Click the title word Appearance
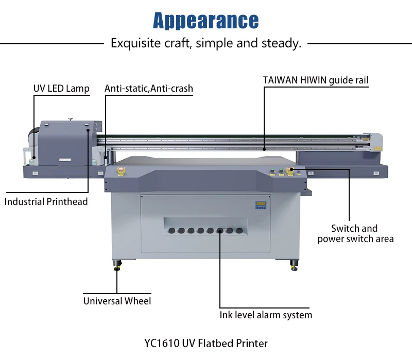tap(206, 21)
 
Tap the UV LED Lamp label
tap(61, 89)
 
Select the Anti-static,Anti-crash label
tap(148, 89)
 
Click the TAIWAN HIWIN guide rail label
tap(316, 80)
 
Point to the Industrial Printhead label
tap(46, 201)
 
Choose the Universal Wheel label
tap(117, 301)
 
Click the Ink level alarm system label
tap(266, 315)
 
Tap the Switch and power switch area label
tap(355, 233)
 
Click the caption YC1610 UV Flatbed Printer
tap(206, 342)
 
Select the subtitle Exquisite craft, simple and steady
tap(206, 43)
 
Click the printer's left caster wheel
tap(118, 265)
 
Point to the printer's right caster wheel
tap(294, 265)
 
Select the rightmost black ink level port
tap(239, 231)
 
